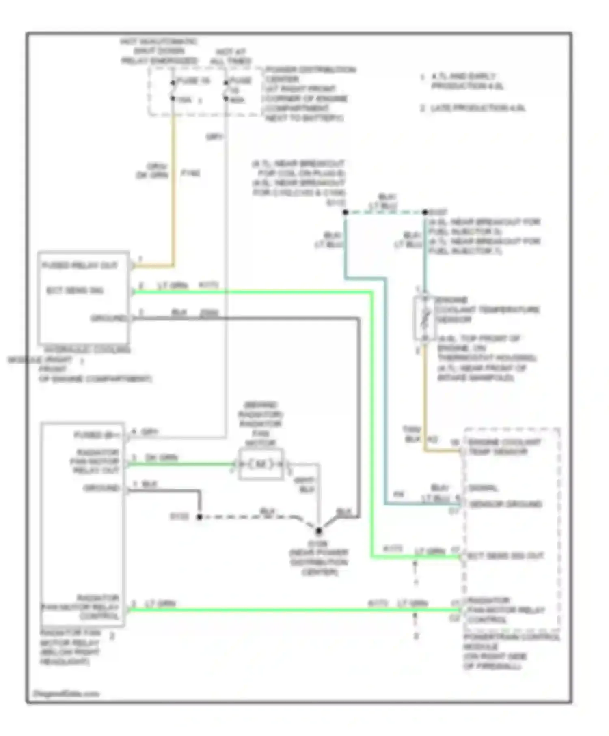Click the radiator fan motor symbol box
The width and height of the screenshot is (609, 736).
[261, 464]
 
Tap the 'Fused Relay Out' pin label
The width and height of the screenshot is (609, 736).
[80, 265]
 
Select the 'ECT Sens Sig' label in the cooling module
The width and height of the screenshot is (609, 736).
[75, 291]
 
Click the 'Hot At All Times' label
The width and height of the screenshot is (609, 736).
[231, 57]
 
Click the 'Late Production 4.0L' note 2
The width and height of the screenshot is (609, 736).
[473, 108]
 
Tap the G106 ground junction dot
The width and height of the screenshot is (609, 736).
[319, 530]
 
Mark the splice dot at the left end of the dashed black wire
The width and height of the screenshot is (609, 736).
[199, 516]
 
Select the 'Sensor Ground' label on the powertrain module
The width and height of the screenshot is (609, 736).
[505, 504]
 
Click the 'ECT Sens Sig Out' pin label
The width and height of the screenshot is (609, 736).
[505, 555]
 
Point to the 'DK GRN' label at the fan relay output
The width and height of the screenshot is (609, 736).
[161, 458]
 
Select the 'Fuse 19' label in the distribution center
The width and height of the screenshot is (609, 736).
[193, 81]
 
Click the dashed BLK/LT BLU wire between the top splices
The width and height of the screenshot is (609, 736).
[384, 212]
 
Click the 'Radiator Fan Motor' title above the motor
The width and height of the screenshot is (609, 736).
[260, 424]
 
